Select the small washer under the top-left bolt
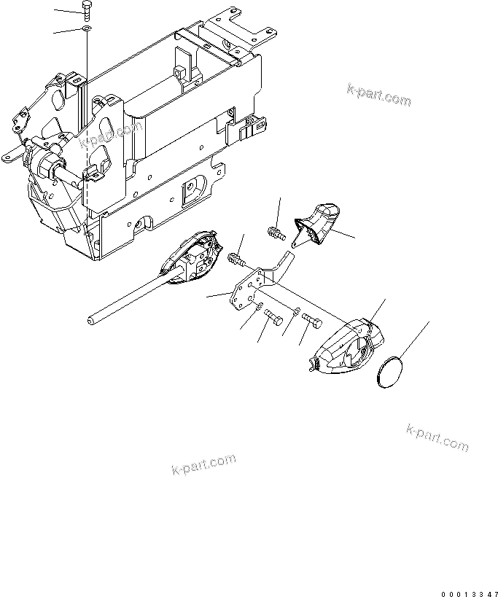click(87, 28)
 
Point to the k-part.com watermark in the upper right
click(378, 95)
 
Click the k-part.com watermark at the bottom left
click(203, 464)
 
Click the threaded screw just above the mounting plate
click(237, 257)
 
